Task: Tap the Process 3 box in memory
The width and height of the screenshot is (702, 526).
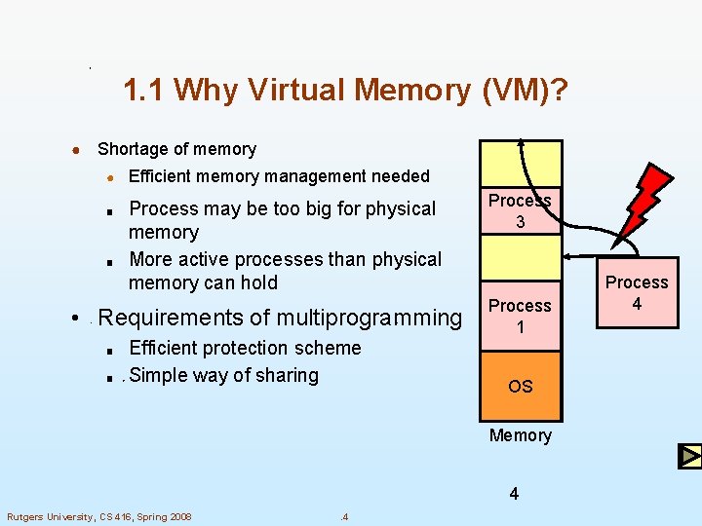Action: tap(520, 210)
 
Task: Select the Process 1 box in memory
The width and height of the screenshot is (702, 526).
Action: tap(520, 317)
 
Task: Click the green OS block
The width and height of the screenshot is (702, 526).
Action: tap(520, 386)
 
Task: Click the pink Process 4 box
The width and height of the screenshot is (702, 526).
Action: tap(637, 292)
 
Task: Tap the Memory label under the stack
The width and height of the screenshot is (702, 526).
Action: tap(520, 435)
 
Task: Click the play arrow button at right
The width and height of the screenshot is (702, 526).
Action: tap(689, 456)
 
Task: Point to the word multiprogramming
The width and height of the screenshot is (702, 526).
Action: tap(370, 318)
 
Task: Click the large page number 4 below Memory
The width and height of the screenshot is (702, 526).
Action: tap(514, 494)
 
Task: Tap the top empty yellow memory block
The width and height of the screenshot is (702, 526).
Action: tap(520, 162)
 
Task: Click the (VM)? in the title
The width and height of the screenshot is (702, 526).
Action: tap(526, 91)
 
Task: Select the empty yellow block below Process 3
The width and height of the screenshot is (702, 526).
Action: tap(520, 258)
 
